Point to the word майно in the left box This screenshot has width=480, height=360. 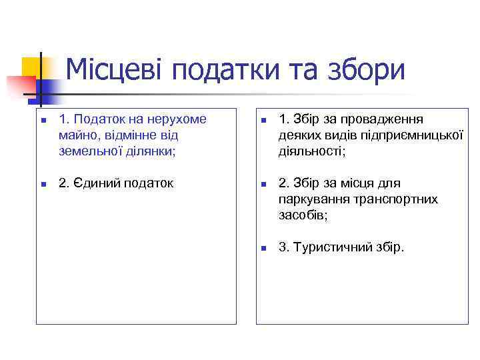(76, 135)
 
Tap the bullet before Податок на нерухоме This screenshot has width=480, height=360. (42, 121)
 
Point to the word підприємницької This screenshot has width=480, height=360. (415, 135)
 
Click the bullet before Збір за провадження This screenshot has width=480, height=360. (263, 121)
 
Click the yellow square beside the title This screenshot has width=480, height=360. (30, 67)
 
